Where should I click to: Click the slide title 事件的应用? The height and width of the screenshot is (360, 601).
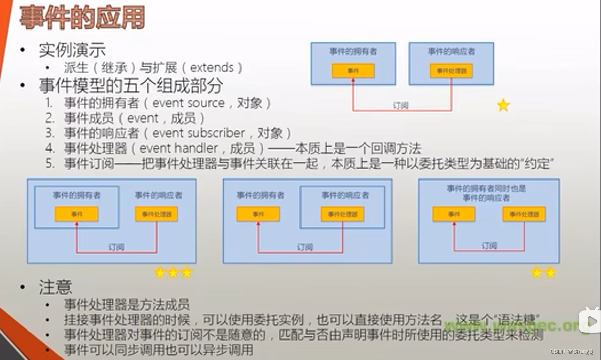[x=82, y=18]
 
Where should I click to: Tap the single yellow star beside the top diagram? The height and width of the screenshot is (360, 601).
[x=503, y=105]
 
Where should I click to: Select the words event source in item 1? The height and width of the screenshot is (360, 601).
[x=188, y=103]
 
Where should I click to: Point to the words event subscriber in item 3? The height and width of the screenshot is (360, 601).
[x=198, y=133]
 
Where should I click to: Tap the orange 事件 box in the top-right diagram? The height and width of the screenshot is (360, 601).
[x=353, y=71]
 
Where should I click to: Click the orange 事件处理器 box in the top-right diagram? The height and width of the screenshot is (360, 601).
[x=451, y=71]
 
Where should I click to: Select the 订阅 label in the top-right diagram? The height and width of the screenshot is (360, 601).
[x=401, y=106]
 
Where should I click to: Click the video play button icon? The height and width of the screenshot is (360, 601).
[x=590, y=320]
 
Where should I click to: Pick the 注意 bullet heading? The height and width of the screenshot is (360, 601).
[x=55, y=288]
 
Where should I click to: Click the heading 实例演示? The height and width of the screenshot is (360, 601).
[x=72, y=50]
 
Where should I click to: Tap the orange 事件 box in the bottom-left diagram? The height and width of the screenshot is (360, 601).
[x=76, y=215]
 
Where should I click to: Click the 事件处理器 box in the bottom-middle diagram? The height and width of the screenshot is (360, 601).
[x=342, y=215]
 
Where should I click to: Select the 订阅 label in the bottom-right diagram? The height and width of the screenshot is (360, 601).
[x=489, y=246]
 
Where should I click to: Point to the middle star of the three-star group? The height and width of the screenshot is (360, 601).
[x=173, y=273]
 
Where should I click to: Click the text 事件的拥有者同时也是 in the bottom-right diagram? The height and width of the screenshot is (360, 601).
[x=486, y=188]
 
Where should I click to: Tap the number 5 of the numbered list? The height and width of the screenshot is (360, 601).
[x=49, y=164]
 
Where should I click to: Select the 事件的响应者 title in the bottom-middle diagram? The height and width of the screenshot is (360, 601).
[x=345, y=195]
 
